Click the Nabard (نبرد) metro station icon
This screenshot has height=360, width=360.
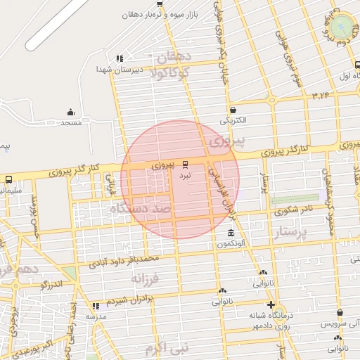click(x=186, y=164)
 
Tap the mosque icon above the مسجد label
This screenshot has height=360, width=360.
click(x=70, y=112)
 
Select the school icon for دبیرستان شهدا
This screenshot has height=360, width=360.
click(x=120, y=59)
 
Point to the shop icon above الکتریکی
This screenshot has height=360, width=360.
click(x=233, y=110)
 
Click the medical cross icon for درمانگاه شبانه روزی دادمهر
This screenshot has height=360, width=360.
click(x=271, y=304)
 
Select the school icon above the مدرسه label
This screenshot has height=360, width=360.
click(x=96, y=306)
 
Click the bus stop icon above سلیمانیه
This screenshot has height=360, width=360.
click(x=8, y=179)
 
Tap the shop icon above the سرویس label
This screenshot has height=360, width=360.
click(x=340, y=313)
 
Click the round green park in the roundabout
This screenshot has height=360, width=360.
click(x=343, y=27)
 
